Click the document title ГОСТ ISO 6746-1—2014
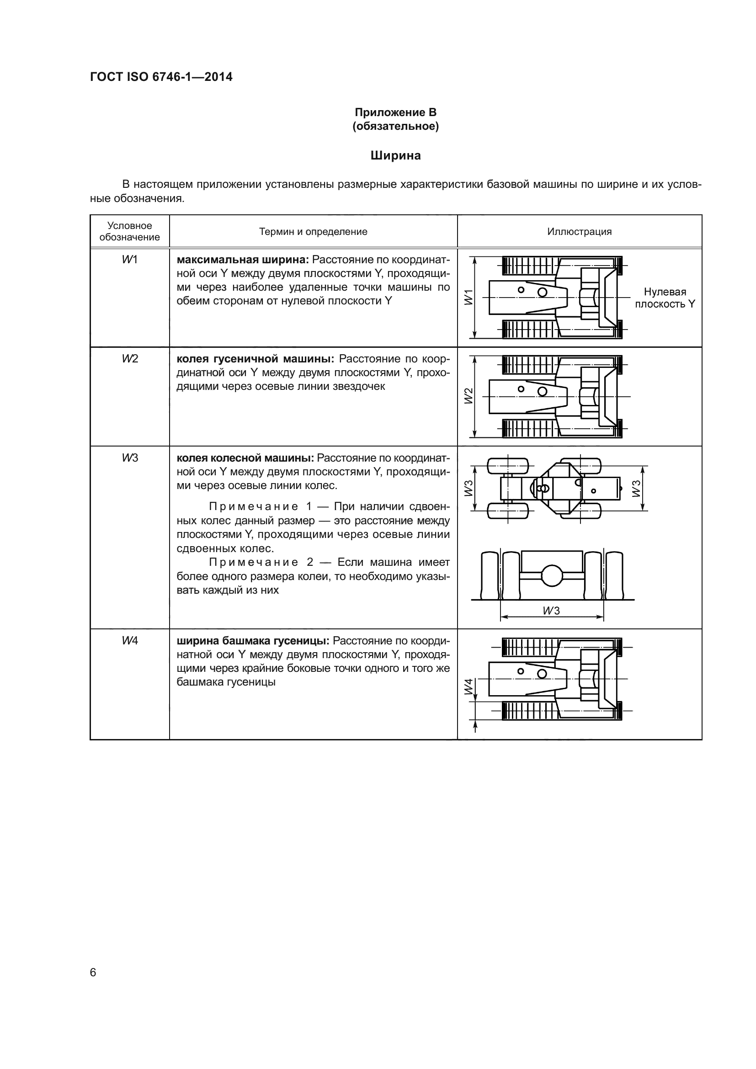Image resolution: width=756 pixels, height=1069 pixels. pos(161,77)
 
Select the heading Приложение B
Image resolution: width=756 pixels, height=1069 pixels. pos(395,112)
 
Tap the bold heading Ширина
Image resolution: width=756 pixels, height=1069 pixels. pos(395,155)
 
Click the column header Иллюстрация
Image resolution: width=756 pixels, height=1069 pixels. pos(579,231)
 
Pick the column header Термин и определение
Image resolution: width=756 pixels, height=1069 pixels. pos(313,231)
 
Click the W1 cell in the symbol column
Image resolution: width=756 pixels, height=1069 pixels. pos(130,260)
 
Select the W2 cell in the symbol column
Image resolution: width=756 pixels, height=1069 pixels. pos(130,358)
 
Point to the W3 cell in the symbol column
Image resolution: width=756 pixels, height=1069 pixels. pos(130,457)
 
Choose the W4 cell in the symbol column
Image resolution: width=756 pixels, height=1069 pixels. pos(130,641)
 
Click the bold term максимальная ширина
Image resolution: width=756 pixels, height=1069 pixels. pos(243,260)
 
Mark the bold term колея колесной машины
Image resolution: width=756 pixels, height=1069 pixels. pos(245,458)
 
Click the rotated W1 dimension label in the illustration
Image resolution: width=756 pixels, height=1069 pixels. pos(469,297)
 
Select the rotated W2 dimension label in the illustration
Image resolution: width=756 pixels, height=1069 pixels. pos(469,396)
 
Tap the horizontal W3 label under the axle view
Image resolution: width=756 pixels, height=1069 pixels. pos(551,611)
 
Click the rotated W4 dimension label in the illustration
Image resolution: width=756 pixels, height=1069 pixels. pos(469,687)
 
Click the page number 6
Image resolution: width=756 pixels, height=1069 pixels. pos(93,972)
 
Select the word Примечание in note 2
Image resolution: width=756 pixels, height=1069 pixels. pos(253,563)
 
